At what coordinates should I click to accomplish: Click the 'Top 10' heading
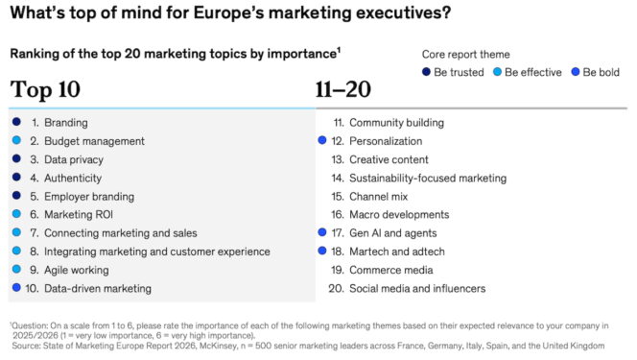click(x=45, y=91)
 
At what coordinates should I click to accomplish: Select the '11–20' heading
click(x=343, y=91)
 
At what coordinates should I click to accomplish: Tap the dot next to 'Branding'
click(x=16, y=123)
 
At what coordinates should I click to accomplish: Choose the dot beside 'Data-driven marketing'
click(x=16, y=288)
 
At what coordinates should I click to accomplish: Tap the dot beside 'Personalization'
click(x=322, y=141)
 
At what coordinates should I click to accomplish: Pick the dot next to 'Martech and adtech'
click(x=322, y=252)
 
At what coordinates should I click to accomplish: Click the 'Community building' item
click(x=395, y=123)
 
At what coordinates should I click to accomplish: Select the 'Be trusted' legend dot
click(x=425, y=73)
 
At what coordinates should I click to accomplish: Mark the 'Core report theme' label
click(x=466, y=55)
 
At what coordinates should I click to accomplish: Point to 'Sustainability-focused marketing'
click(x=427, y=178)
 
